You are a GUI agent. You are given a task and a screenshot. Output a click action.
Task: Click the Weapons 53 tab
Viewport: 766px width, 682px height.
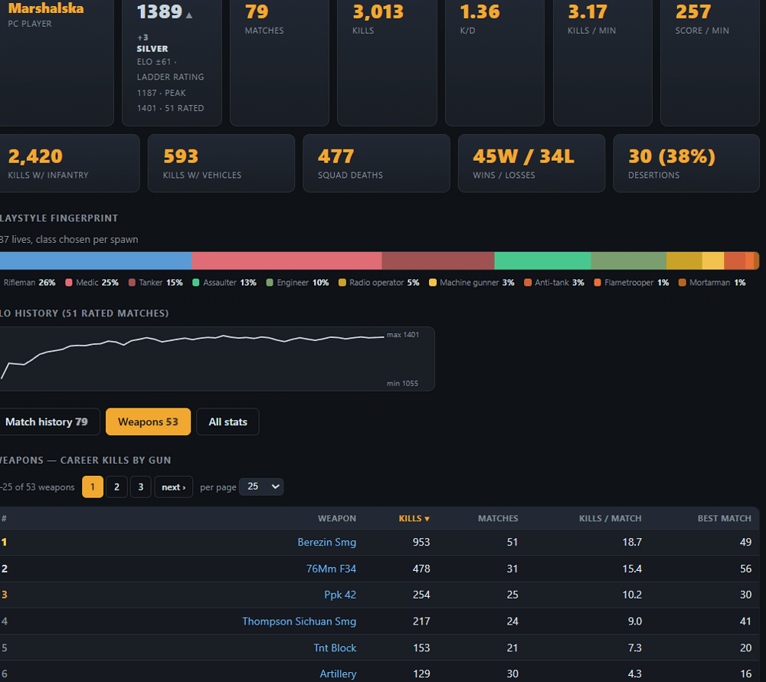point(148,421)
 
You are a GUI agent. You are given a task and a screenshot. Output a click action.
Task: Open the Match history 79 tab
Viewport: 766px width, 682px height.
point(47,421)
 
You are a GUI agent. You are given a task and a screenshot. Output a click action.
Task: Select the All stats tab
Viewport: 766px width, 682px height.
point(228,421)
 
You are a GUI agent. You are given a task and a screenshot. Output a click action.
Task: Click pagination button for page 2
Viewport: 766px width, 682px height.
point(116,487)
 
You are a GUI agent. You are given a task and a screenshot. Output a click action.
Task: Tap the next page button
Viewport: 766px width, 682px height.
point(173,487)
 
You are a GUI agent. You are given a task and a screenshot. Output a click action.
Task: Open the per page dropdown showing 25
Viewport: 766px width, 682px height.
point(261,487)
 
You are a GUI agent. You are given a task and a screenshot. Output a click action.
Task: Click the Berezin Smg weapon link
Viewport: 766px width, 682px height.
point(327,542)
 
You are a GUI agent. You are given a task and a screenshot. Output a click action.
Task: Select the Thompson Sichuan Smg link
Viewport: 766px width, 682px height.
point(299,621)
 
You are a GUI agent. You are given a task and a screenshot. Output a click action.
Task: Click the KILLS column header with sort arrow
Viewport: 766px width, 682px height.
point(414,518)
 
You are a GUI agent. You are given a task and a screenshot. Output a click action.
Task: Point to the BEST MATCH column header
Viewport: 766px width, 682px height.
point(724,518)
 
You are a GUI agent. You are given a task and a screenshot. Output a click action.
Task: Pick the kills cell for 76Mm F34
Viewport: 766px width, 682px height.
point(421,569)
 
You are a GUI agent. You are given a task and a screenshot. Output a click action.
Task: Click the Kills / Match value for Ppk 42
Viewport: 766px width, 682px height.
point(632,595)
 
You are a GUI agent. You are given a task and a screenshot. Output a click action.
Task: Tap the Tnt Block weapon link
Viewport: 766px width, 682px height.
point(335,648)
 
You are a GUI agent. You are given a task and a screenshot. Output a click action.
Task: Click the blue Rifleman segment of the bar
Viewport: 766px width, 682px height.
point(96,261)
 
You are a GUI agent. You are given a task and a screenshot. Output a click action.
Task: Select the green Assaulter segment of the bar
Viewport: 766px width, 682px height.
point(543,261)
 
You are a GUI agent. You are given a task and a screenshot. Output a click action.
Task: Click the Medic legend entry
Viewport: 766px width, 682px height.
point(92,282)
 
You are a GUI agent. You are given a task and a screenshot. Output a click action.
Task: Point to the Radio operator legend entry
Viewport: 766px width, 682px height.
point(379,282)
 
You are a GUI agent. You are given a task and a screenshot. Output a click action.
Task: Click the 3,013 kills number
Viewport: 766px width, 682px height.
point(378,11)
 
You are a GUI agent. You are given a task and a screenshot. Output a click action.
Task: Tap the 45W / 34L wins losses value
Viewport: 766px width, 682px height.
point(524,156)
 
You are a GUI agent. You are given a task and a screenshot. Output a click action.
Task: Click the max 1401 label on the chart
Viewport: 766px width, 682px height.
point(403,335)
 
